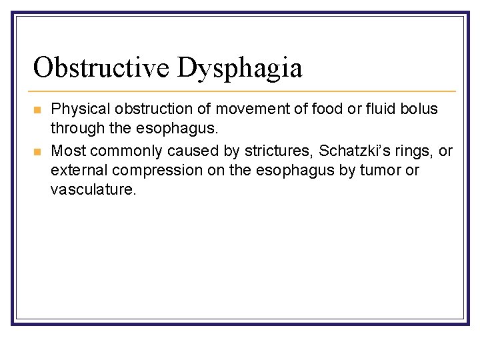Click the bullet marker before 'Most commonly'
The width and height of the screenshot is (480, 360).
pyautogui.click(x=37, y=151)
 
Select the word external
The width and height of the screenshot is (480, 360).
pyautogui.click(x=75, y=170)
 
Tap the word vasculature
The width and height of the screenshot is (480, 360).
pyautogui.click(x=93, y=190)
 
